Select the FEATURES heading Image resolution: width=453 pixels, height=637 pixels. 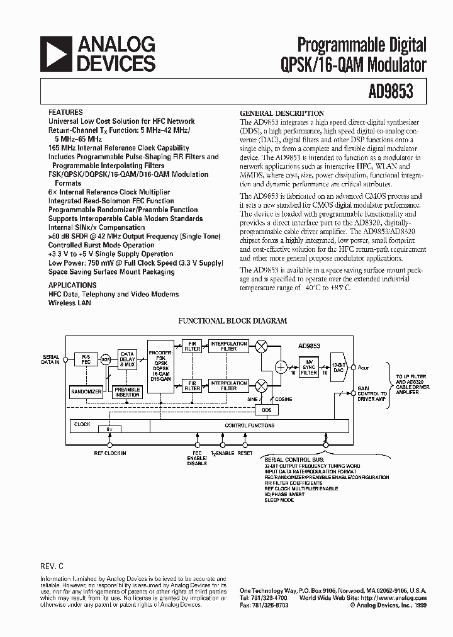pos(65,112)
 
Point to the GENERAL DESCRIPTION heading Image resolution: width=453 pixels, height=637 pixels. pos(282,113)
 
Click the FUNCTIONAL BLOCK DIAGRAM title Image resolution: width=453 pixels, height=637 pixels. pos(233,320)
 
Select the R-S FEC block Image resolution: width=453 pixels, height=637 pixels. pos(86,359)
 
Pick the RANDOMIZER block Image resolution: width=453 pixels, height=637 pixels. pos(86,392)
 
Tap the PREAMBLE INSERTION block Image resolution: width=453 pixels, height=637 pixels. pos(127,392)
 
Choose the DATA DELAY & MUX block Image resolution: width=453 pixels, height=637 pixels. pos(128,359)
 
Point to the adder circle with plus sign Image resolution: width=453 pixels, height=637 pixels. pos(281,368)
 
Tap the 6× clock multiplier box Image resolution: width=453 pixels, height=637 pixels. pos(109,429)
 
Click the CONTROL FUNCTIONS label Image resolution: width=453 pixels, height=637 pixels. pos(250,426)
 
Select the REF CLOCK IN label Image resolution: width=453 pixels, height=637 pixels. pos(110,453)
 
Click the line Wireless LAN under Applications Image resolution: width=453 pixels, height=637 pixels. pos(70,303)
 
